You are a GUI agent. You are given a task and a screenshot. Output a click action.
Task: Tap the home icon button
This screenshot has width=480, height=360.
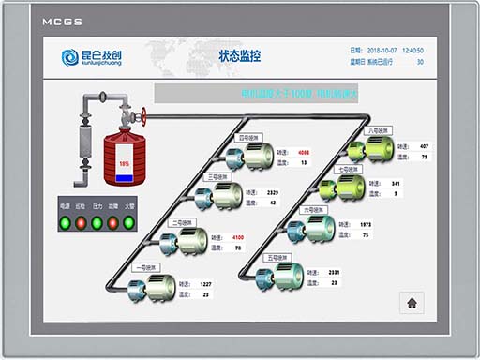412,302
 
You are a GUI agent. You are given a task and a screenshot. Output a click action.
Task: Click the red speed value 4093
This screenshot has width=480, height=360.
303,152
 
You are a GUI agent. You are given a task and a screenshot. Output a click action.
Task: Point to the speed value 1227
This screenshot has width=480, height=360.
206,284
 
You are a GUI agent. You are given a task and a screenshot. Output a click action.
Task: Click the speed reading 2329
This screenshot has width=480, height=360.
273,192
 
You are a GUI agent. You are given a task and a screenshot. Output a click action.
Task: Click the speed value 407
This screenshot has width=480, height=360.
424,146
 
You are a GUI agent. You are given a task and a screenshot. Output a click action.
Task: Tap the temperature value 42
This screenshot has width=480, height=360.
273,202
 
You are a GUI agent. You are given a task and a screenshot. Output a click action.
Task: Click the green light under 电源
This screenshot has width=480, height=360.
66,223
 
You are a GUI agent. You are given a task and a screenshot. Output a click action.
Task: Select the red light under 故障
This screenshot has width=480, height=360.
113,223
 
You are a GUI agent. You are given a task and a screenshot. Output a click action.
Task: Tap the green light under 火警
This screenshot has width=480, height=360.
129,223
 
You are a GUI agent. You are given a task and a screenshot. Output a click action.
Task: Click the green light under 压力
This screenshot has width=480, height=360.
97,223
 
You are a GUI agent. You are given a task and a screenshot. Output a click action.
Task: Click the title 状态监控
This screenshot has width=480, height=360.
239,56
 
